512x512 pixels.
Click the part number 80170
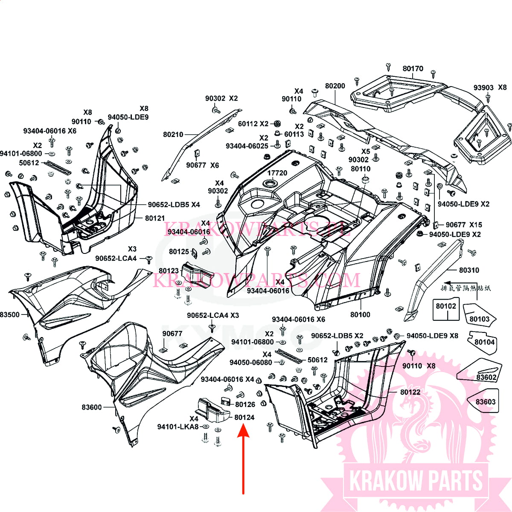(413, 68)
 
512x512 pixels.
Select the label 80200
(335, 86)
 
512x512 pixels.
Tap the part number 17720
(277, 173)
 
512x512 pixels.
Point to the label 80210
(173, 134)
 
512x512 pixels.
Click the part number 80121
(155, 218)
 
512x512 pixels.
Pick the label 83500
(10, 314)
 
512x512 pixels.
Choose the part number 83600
(92, 407)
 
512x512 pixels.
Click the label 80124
(244, 417)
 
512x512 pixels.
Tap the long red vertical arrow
(243, 461)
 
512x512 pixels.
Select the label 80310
(469, 270)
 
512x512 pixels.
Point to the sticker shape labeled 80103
(479, 314)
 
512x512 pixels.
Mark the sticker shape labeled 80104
(484, 342)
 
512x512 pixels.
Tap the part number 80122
(410, 392)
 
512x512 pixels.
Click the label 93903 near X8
(483, 87)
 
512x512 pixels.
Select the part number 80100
(360, 314)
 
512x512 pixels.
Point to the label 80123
(169, 271)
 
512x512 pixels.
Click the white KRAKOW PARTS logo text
(416, 481)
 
